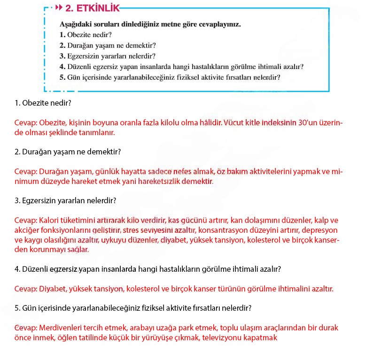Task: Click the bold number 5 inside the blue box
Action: (62, 77)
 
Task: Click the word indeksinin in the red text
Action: (272, 123)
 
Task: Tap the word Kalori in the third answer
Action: (49, 220)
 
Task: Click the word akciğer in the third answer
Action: (27, 230)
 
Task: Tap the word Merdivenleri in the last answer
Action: (59, 328)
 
